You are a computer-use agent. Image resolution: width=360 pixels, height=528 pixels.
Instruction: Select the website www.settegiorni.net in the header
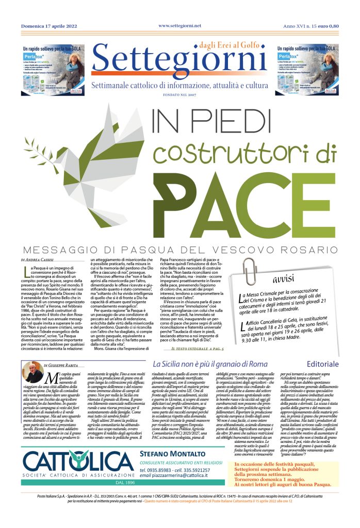click(179, 26)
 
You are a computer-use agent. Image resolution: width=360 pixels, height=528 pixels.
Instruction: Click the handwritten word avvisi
click(284, 279)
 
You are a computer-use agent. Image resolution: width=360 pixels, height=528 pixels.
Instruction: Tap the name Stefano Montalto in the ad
click(170, 453)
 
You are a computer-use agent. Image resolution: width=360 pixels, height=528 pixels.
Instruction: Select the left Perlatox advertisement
click(51, 62)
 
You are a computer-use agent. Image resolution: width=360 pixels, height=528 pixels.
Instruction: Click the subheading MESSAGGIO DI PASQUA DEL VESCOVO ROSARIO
click(179, 248)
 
